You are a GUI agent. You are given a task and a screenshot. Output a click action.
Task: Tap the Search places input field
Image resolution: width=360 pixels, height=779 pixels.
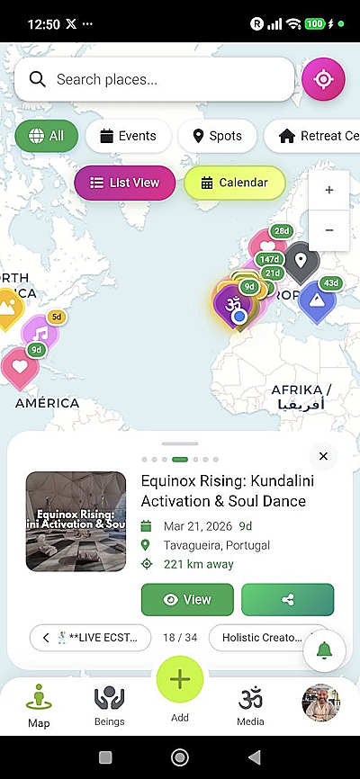[x=162, y=79]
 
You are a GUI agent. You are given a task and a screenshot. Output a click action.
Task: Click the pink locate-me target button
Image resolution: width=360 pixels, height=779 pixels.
[x=322, y=79]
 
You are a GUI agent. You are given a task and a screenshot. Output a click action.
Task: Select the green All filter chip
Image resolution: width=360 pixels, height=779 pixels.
[x=46, y=136]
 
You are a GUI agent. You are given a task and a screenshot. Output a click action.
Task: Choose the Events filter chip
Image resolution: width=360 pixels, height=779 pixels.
[x=128, y=136]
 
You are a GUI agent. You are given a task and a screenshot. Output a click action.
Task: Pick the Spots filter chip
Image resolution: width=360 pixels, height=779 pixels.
[x=217, y=136]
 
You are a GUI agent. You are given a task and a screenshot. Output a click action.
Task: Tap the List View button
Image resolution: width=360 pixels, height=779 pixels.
[x=125, y=183]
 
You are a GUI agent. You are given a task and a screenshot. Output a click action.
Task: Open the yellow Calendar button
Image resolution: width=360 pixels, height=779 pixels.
[x=234, y=183]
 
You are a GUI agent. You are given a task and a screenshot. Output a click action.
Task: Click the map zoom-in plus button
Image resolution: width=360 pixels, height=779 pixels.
[x=329, y=190]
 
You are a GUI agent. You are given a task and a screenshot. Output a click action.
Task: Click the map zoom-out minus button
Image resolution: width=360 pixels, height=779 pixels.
[x=329, y=230]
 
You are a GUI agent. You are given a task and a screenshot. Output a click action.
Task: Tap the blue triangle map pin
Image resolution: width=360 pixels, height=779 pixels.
[x=316, y=300]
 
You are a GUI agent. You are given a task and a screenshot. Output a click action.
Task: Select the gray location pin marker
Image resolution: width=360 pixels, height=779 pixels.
[x=301, y=261]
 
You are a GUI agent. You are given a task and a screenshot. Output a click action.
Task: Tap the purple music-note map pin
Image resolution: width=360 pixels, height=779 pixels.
[x=40, y=334]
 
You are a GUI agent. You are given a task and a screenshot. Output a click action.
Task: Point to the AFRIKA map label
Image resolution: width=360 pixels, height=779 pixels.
[x=301, y=390]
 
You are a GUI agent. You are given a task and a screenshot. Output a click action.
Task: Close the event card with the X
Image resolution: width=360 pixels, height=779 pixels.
[x=323, y=456]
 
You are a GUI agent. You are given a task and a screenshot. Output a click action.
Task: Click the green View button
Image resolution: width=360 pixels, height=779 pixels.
[x=187, y=599]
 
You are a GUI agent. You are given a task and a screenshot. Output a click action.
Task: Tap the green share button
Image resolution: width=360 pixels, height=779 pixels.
[x=287, y=599]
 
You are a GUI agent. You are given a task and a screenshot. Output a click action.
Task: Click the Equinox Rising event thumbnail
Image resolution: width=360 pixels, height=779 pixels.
[x=76, y=522]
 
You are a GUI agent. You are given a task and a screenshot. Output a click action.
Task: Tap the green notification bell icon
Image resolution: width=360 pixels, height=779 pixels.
[x=324, y=650]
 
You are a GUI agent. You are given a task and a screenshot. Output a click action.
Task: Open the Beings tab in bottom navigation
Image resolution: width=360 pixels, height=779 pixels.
[x=109, y=704]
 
